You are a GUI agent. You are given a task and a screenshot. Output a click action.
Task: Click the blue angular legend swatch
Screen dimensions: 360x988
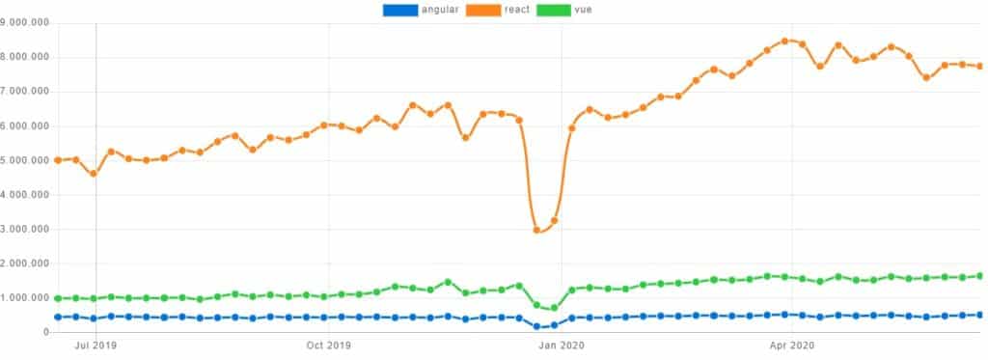400,10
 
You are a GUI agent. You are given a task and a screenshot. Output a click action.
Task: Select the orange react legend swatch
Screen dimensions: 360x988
484,10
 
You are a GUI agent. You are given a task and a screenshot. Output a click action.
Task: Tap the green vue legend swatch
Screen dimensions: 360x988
553,10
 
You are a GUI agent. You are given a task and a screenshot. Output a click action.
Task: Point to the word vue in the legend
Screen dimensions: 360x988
583,10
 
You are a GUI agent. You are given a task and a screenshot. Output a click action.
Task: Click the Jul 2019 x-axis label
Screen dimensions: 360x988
96,346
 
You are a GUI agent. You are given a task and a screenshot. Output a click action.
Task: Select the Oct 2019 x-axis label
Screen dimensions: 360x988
328,346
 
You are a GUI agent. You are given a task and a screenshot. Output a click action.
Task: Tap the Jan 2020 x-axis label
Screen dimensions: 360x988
561,346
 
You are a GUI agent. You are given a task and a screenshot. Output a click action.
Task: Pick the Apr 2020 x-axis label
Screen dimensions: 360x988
791,346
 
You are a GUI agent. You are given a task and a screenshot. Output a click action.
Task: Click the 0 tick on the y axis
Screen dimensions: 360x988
45,333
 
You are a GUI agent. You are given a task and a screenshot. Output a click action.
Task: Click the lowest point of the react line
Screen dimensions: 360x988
536,230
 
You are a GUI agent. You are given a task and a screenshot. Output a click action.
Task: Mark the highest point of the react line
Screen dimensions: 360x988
785,41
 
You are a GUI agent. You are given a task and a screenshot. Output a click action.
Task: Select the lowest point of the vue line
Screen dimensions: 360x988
554,309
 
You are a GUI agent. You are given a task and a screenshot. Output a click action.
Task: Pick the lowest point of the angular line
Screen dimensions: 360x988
536,327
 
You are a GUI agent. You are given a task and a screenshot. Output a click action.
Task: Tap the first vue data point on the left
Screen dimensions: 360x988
58,298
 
